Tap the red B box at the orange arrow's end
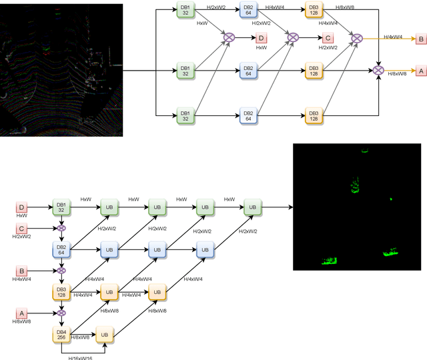(420, 39)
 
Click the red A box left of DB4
(22, 312)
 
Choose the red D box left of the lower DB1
(22, 207)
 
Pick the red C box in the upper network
(328, 39)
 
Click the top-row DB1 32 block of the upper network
(185, 11)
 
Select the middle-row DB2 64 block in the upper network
(248, 70)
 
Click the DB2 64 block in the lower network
(61, 250)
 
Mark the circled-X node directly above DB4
(61, 312)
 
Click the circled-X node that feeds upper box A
(378, 70)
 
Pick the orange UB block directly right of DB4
(105, 334)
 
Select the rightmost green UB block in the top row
(252, 207)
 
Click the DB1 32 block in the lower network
(61, 207)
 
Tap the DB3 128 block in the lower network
(61, 291)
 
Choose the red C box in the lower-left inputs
(22, 229)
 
